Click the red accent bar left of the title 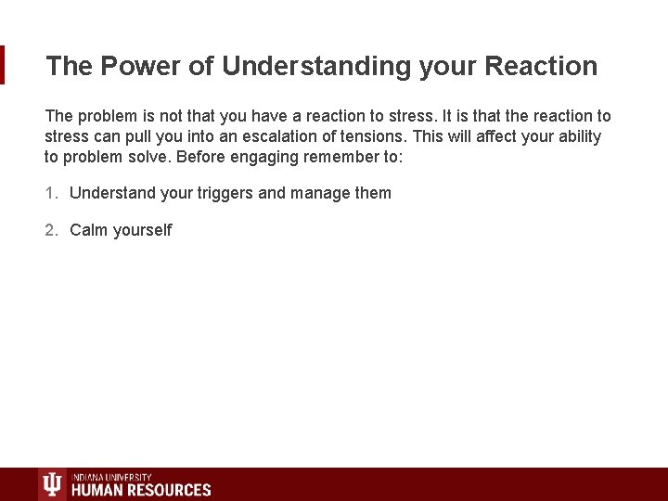[3, 65]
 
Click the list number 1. [51, 193]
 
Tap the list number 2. [51, 230]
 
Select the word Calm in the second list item [89, 230]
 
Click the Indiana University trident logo [52, 484]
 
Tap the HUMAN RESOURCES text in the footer [141, 490]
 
